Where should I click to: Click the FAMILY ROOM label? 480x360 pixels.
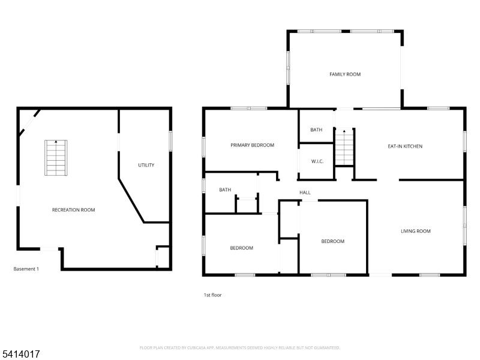pyautogui.click(x=345, y=74)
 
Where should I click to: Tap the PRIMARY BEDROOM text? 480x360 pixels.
pyautogui.click(x=252, y=145)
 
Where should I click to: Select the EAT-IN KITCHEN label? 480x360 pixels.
pyautogui.click(x=405, y=146)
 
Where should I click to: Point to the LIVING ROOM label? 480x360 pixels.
pyautogui.click(x=416, y=231)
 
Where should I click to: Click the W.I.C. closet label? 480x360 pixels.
pyautogui.click(x=317, y=161)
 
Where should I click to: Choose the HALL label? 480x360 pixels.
pyautogui.click(x=305, y=193)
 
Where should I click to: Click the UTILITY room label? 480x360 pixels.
pyautogui.click(x=146, y=165)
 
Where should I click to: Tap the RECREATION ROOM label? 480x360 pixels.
pyautogui.click(x=73, y=210)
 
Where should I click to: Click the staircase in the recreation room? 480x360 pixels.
pyautogui.click(x=56, y=158)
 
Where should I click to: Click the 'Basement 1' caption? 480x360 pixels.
pyautogui.click(x=26, y=269)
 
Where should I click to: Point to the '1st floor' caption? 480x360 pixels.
pyautogui.click(x=212, y=295)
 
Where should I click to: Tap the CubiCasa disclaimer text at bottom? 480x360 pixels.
pyautogui.click(x=240, y=347)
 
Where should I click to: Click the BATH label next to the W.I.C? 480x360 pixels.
pyautogui.click(x=316, y=130)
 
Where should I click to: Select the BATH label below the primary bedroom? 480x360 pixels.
pyautogui.click(x=225, y=190)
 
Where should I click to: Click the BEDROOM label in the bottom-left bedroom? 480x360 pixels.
pyautogui.click(x=242, y=248)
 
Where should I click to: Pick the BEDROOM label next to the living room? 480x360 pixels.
pyautogui.click(x=332, y=241)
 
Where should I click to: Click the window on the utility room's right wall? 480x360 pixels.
pyautogui.click(x=171, y=140)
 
